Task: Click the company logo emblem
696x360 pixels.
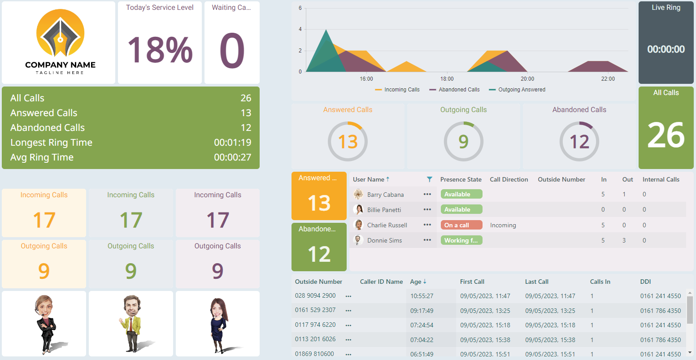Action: [60, 38]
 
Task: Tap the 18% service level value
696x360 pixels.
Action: [160, 50]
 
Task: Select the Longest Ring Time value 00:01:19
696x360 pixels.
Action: [232, 143]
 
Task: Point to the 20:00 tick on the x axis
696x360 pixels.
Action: [527, 79]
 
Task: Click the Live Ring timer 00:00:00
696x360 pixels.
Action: [666, 49]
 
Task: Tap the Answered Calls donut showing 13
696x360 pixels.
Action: [348, 142]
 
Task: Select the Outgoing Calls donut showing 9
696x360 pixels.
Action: [463, 142]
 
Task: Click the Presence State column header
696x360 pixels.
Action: [461, 179]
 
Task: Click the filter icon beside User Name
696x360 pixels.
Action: [430, 179]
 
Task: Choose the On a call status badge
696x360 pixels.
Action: [461, 225]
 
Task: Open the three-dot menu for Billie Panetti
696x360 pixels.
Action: [427, 210]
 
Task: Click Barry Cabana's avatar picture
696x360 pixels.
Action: [358, 195]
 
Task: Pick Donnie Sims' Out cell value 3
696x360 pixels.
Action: [624, 240]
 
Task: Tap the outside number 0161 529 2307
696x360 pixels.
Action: [315, 310]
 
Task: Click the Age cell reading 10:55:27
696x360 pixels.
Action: [422, 296]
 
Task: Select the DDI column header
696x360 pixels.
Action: [645, 282]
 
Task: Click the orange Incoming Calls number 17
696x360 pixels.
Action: [44, 220]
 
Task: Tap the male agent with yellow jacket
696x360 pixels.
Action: [131, 323]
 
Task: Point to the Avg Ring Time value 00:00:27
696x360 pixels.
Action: [232, 157]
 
